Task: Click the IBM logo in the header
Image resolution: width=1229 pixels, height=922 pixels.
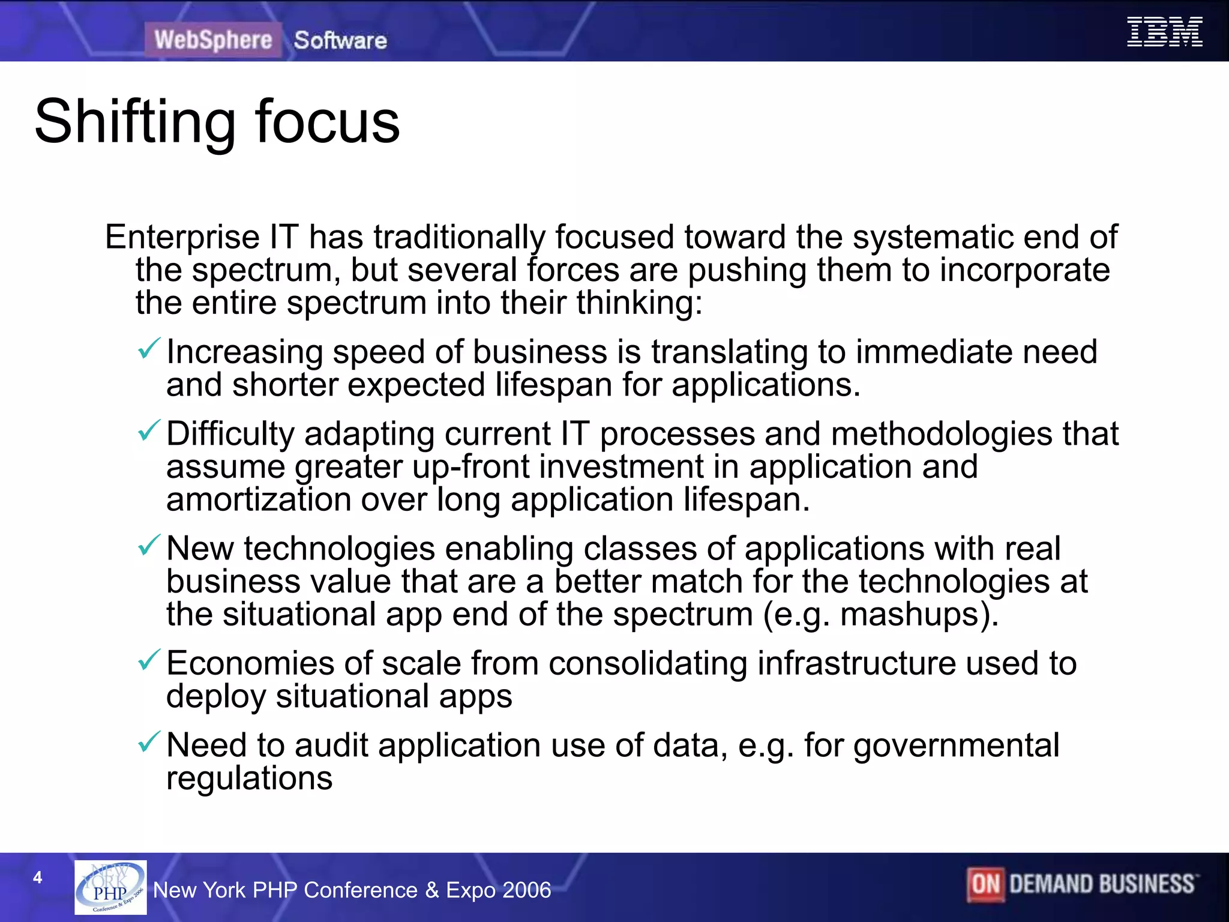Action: point(1164,32)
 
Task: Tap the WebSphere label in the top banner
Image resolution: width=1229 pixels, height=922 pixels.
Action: point(213,40)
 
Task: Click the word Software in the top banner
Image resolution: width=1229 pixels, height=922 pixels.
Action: point(340,40)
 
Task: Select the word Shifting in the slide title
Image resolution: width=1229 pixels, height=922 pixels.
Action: point(135,122)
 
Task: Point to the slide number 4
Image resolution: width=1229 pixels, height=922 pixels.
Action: point(38,878)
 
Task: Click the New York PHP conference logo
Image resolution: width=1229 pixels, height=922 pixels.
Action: point(110,887)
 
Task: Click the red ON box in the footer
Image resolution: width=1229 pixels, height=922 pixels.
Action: point(985,884)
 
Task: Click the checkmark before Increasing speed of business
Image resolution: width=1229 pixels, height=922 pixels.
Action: point(149,348)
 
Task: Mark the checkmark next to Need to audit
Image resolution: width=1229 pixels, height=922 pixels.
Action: point(149,741)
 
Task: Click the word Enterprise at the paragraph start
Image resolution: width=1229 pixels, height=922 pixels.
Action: point(182,238)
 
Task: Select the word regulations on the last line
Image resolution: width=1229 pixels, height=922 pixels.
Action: point(249,779)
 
